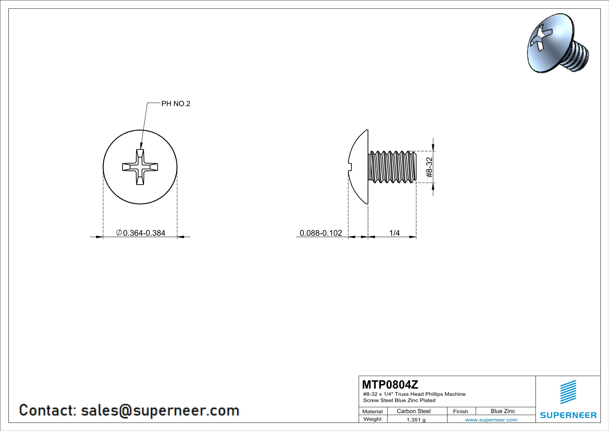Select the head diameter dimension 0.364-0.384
[x=144, y=233]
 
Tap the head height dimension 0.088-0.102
[x=321, y=233]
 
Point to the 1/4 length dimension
[x=394, y=233]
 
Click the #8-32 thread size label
[x=429, y=167]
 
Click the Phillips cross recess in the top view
[x=140, y=167]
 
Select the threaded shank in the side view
[x=392, y=167]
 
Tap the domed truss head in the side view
[x=359, y=167]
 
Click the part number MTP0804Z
[x=390, y=385]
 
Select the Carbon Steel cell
[x=413, y=411]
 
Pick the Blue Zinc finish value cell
[x=503, y=411]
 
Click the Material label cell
[x=372, y=411]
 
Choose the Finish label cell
[x=461, y=411]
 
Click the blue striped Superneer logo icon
[x=568, y=392]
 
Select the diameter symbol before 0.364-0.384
[x=119, y=233]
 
